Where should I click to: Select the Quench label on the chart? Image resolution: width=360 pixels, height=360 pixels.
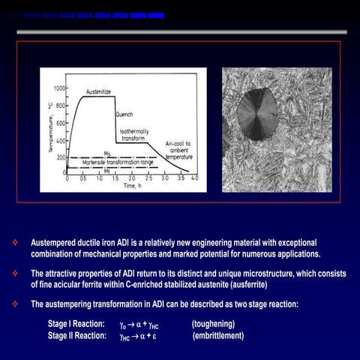point(124,115)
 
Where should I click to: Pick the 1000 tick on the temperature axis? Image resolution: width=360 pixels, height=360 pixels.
point(58,88)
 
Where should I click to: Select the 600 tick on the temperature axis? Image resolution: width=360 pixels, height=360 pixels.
point(59,123)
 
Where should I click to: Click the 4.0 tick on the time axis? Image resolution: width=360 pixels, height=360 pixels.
point(194,178)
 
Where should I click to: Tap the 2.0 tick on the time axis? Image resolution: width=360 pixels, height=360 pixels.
point(131,178)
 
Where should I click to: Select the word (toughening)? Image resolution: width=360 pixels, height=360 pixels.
point(214,324)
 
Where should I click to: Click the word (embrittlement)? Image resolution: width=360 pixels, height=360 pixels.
point(218,335)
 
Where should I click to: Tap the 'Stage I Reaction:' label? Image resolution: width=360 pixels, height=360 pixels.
point(76,324)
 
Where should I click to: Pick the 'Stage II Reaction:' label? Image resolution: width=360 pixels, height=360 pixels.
point(77,335)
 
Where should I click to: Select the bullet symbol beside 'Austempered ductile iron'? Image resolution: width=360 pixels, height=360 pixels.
point(14,243)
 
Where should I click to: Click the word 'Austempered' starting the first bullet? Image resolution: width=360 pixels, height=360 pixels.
point(52,243)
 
